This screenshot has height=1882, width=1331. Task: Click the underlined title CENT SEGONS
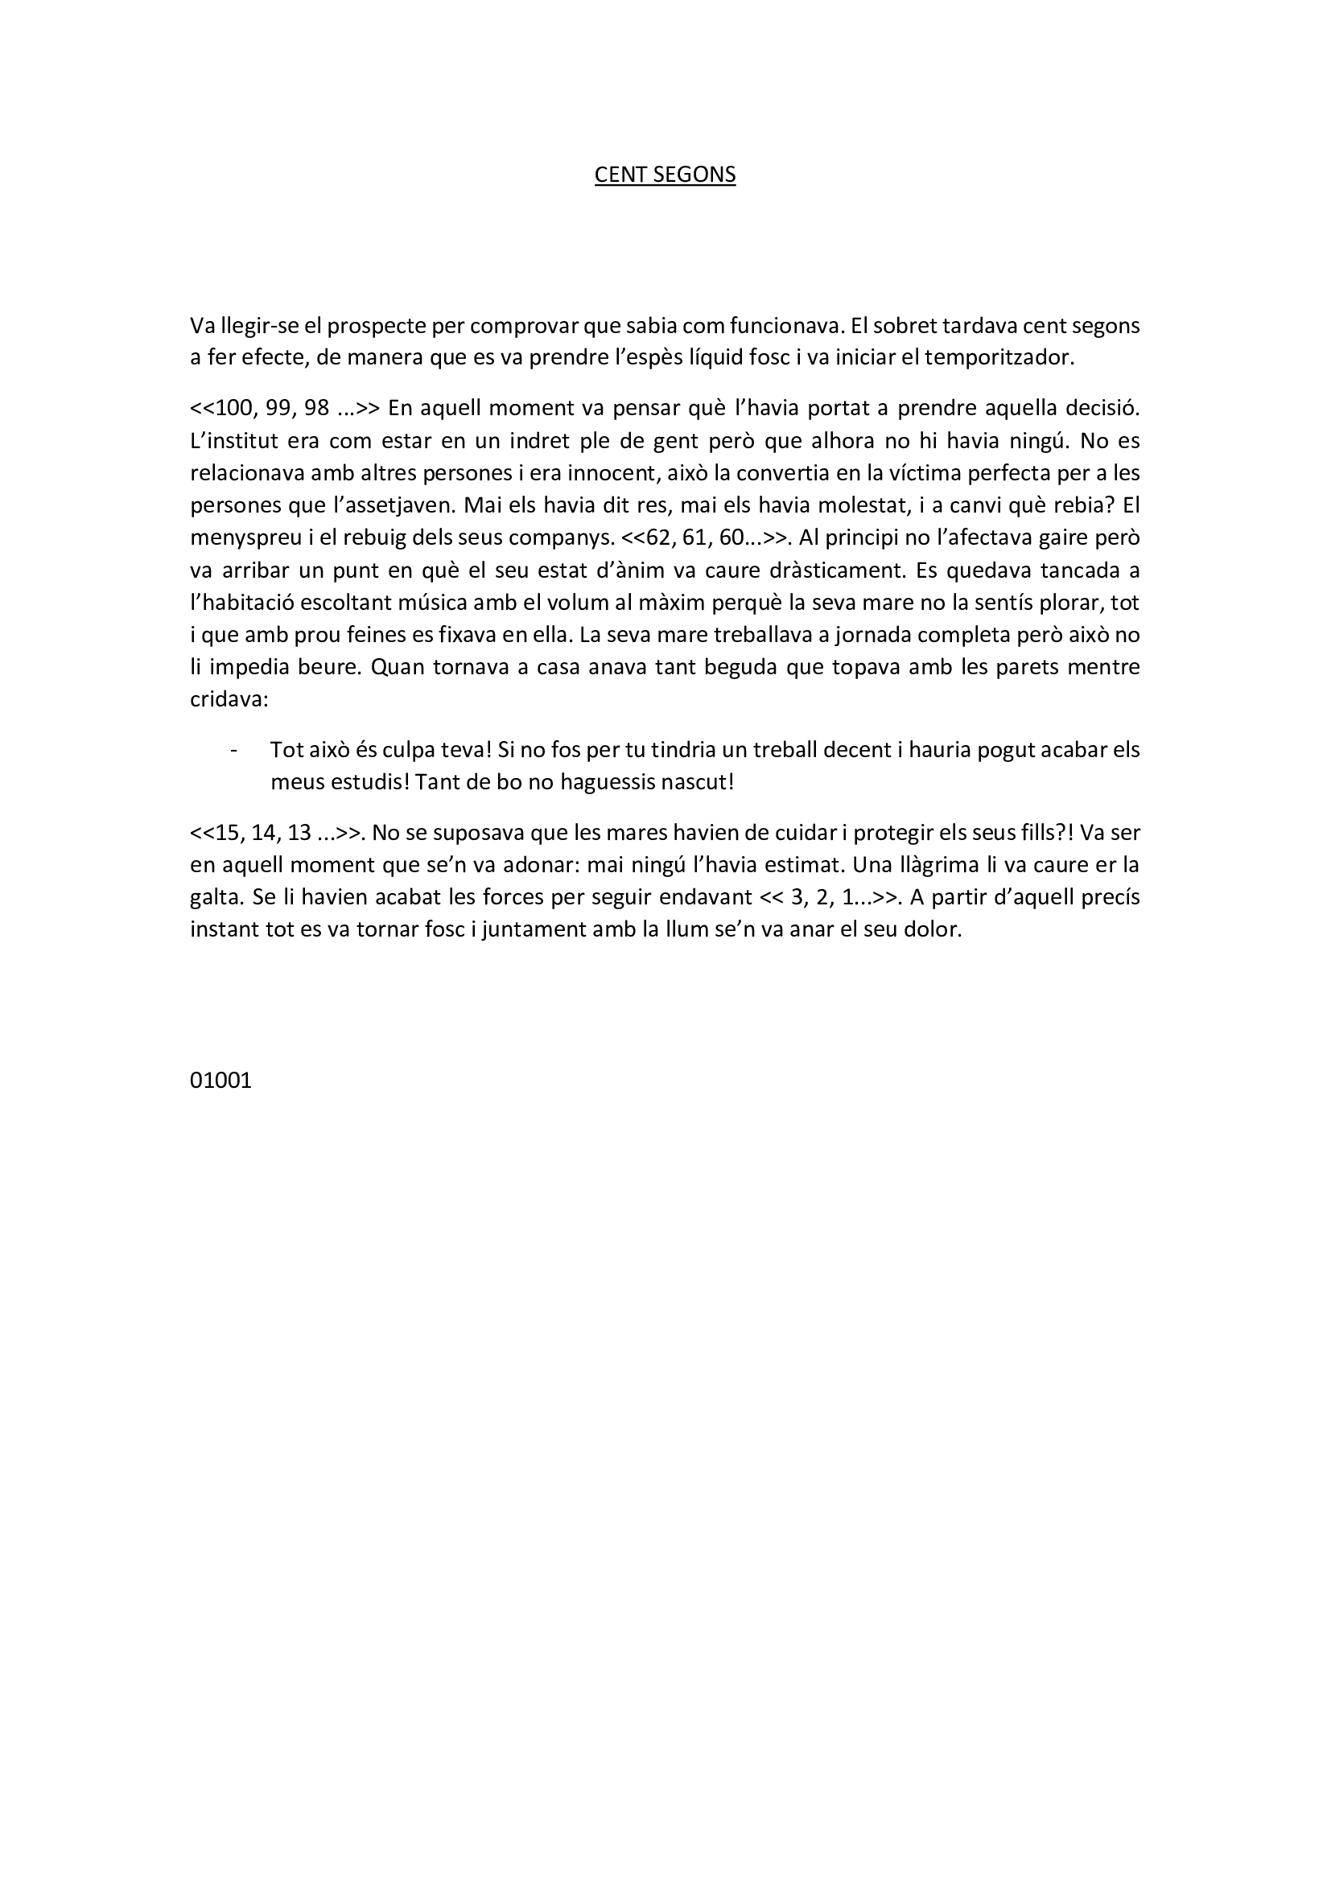pyautogui.click(x=665, y=175)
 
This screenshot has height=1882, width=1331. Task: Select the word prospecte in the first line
pyautogui.click(x=376, y=326)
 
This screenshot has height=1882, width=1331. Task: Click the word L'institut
pyautogui.click(x=231, y=441)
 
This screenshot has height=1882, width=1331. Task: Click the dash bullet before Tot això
pyautogui.click(x=236, y=750)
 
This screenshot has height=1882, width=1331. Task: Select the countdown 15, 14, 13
pyautogui.click(x=263, y=833)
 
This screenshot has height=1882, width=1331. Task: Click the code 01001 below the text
pyautogui.click(x=220, y=1081)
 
